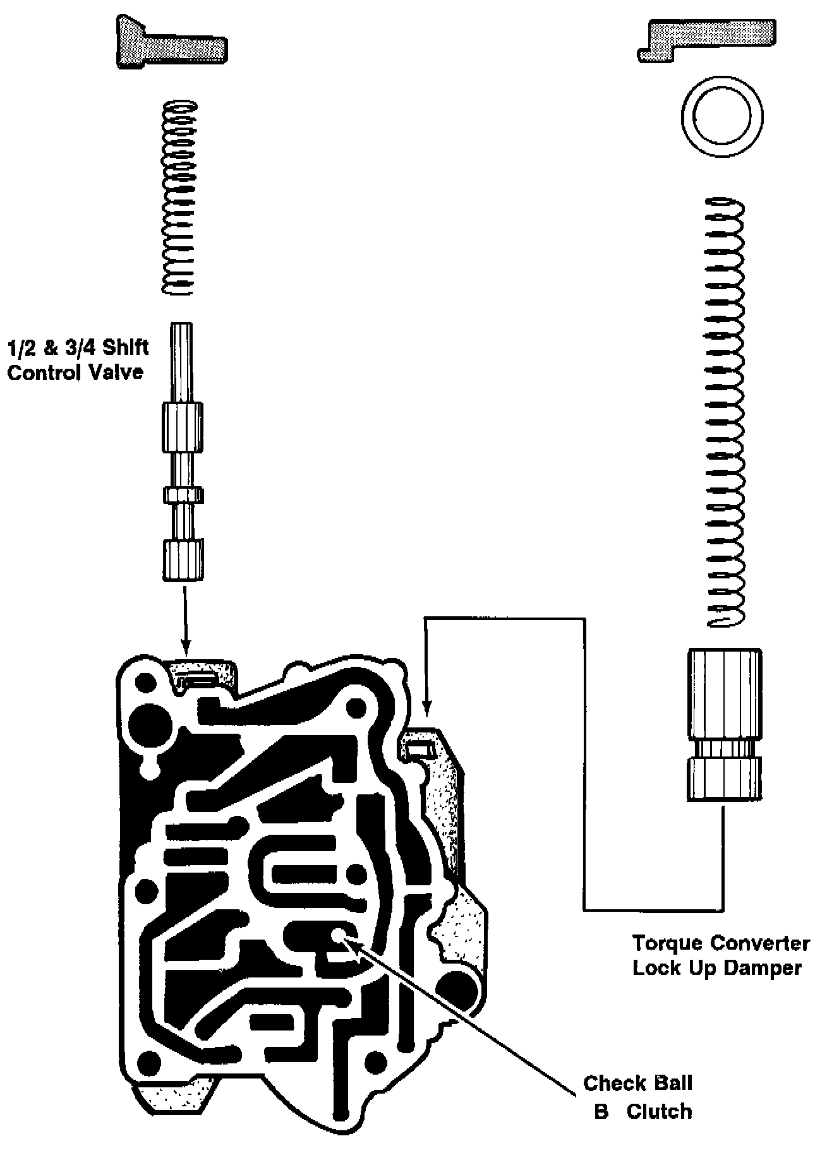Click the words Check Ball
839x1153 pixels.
(x=637, y=1084)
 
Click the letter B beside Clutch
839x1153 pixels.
(x=601, y=1112)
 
